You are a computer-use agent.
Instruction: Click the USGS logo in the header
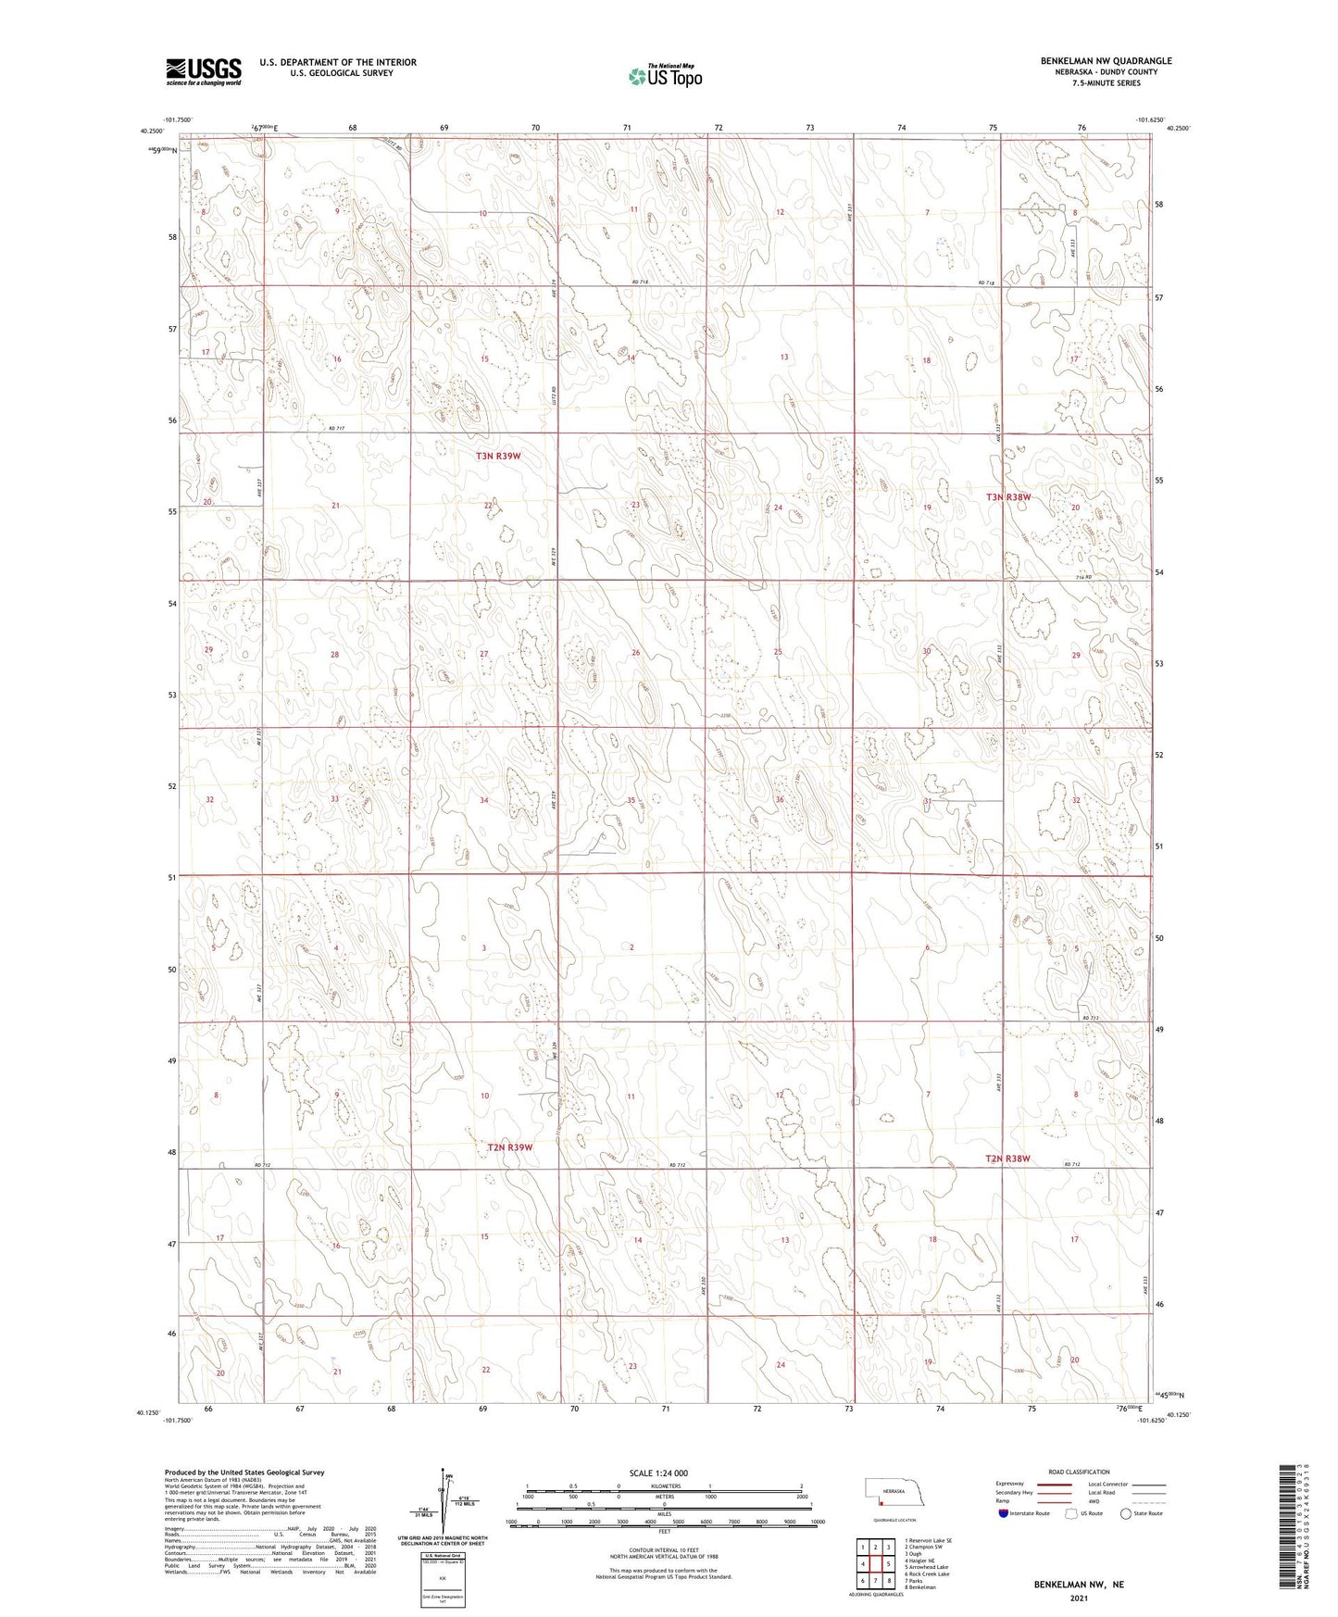[204, 70]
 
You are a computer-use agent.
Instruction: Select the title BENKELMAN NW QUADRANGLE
[1106, 61]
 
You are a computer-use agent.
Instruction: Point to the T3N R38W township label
[1008, 497]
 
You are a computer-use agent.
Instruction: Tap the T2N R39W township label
[510, 1147]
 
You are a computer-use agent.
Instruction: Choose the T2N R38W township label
[1007, 1159]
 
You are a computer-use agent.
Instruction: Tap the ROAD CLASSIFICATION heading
[1078, 1472]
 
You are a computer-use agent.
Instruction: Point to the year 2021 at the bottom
[1079, 1598]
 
